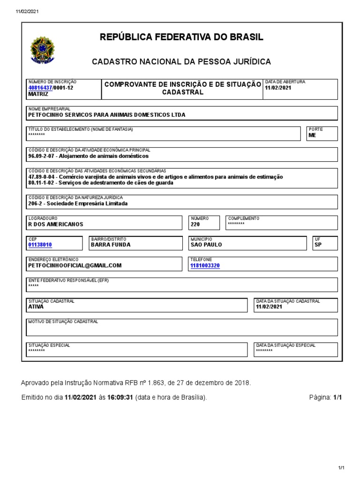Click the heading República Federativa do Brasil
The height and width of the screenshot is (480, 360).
point(181,37)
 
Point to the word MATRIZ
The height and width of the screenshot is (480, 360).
point(38,94)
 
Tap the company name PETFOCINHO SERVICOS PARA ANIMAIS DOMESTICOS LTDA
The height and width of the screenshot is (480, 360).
point(107,114)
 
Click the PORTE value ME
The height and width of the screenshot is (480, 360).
point(312,135)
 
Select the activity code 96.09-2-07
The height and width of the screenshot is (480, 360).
point(41,156)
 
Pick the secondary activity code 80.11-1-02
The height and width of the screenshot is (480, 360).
point(41,183)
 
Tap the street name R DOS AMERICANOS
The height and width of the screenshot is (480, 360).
point(55,224)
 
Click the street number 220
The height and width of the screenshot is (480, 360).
point(195,224)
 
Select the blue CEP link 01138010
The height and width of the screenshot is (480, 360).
point(40,245)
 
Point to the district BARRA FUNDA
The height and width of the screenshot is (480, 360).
point(111,245)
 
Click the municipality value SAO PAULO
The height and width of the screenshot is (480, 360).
point(206,245)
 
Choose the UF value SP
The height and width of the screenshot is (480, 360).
point(318,245)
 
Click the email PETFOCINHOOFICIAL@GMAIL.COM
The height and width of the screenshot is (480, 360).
point(75,265)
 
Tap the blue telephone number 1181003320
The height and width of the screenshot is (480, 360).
point(205,265)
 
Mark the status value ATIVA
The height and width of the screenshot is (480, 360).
point(36,307)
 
